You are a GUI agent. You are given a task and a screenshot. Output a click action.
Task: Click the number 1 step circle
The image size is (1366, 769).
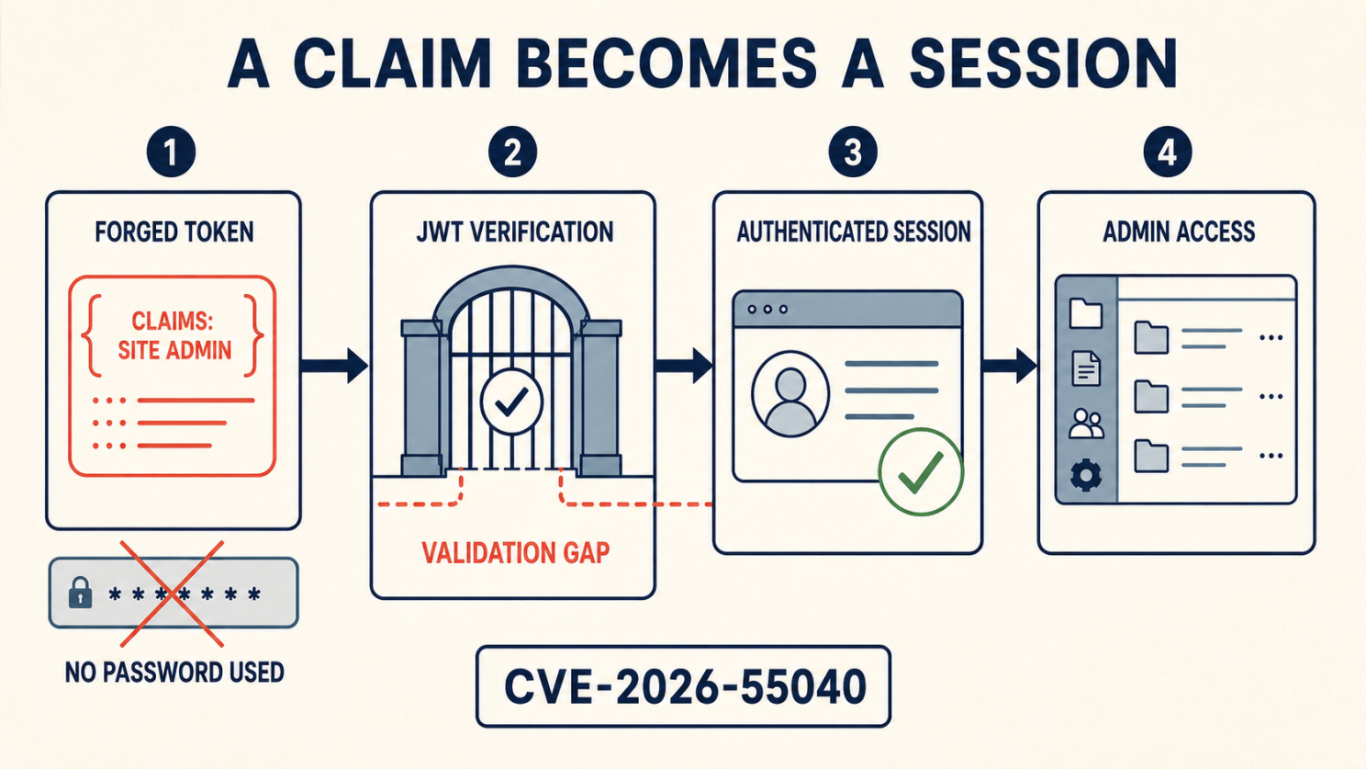point(171,152)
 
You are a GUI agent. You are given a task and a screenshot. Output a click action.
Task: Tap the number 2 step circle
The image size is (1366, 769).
point(512,152)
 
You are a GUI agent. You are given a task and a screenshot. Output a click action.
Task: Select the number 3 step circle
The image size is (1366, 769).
point(853,152)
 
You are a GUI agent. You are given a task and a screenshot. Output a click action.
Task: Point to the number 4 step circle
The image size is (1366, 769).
point(1167,152)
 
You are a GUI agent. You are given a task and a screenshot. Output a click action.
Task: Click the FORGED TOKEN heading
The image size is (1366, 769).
point(174,232)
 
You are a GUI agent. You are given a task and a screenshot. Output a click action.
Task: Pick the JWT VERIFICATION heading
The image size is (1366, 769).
point(515,232)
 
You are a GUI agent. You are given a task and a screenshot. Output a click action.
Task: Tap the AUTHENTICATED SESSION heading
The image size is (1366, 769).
point(854,232)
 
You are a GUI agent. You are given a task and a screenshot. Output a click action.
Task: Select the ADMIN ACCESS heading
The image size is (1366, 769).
point(1179,232)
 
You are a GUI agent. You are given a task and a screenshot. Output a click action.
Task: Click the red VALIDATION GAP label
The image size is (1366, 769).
point(515,553)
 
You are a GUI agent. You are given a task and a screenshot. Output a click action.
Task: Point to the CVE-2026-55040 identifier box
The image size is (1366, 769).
point(684,686)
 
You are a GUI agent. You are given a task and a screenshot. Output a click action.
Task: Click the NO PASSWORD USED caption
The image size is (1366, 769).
point(174,673)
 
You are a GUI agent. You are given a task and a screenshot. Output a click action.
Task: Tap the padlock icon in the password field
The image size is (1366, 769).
point(81,593)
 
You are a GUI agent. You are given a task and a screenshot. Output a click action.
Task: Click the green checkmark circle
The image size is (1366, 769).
point(921,471)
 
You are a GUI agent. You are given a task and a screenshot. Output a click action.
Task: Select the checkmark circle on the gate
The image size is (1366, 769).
point(511,401)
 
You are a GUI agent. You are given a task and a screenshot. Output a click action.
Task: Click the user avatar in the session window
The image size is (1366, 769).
point(790,393)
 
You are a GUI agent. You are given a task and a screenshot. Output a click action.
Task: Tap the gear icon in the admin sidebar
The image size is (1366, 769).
point(1085,475)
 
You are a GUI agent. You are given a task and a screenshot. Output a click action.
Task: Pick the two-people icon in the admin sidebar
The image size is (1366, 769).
point(1086,424)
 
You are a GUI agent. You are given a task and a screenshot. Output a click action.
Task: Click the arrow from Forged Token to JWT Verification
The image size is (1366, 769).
point(334,366)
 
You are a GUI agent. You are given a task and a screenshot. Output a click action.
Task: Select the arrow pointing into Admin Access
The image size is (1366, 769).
point(1009,366)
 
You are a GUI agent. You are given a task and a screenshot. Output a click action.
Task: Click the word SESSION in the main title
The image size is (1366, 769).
point(1043,63)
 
